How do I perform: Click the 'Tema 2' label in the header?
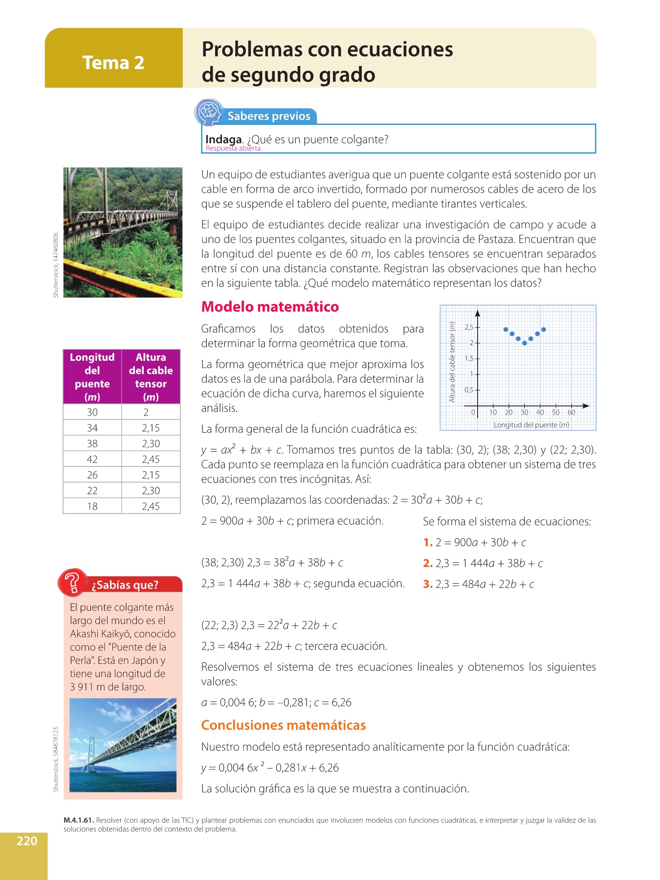113,63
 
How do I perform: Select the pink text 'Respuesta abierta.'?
234,149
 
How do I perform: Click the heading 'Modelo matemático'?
270,307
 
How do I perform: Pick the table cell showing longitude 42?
92,459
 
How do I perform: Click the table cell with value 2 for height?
146,412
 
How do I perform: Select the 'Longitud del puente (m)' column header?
92,376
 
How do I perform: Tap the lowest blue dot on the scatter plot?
525,343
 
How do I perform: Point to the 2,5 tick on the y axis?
469,328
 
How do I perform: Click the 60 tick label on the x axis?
571,413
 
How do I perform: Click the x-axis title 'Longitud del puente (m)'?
531,425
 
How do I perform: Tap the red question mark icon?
73,582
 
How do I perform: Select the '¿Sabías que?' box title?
125,585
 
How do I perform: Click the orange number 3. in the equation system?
428,584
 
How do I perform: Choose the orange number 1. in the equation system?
428,543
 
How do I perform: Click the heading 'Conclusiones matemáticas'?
284,725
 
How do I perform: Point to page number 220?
27,841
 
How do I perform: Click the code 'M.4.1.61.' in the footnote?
79,820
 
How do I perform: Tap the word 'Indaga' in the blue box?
223,139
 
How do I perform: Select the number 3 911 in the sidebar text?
82,687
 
